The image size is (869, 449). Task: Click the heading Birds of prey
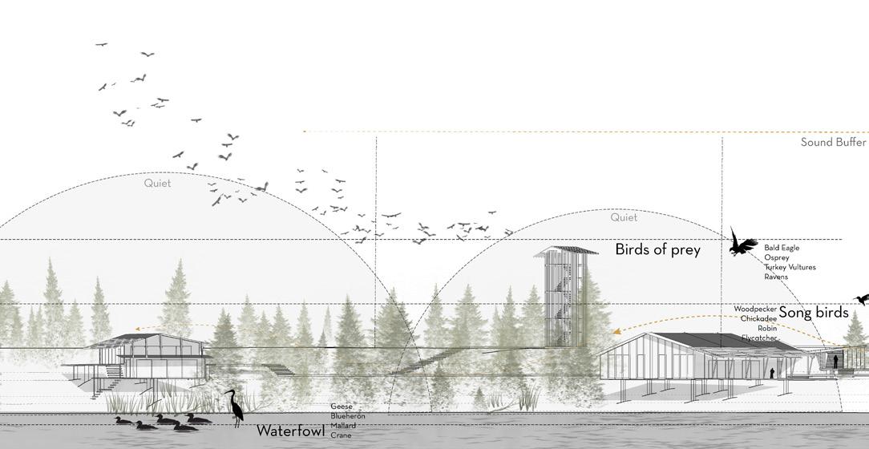point(657,249)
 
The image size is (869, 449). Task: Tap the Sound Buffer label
point(833,142)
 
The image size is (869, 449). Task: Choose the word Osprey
point(776,258)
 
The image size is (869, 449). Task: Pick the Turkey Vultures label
point(790,268)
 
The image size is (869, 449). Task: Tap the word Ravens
point(776,277)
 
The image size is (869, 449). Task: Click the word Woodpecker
point(755,309)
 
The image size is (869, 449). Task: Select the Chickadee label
point(758,318)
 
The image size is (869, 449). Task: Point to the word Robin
point(766,329)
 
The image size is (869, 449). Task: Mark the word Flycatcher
point(759,338)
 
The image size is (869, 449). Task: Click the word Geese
point(342,407)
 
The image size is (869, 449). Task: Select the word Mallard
point(343,426)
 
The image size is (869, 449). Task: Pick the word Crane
point(341,435)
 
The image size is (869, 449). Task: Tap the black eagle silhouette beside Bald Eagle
point(743,242)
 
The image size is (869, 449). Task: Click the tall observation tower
point(567,297)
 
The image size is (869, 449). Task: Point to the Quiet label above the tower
point(624,217)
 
